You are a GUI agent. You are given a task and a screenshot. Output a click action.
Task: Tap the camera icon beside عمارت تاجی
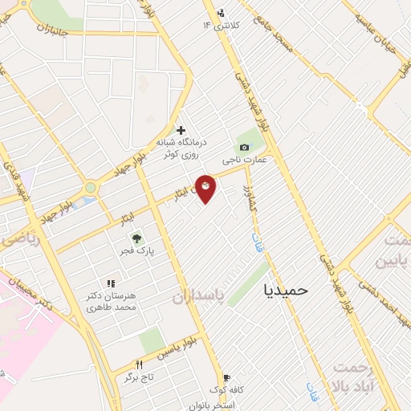tap(243, 147)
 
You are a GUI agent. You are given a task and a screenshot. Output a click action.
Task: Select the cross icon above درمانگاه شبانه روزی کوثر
tap(181, 130)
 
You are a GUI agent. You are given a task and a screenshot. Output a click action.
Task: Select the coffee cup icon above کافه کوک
tap(226, 377)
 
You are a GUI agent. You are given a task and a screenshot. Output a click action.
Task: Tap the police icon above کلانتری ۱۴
tap(221, 13)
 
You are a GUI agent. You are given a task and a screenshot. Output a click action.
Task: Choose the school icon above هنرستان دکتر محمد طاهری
tap(111, 283)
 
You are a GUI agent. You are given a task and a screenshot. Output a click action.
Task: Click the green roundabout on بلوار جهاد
tap(91, 188)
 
